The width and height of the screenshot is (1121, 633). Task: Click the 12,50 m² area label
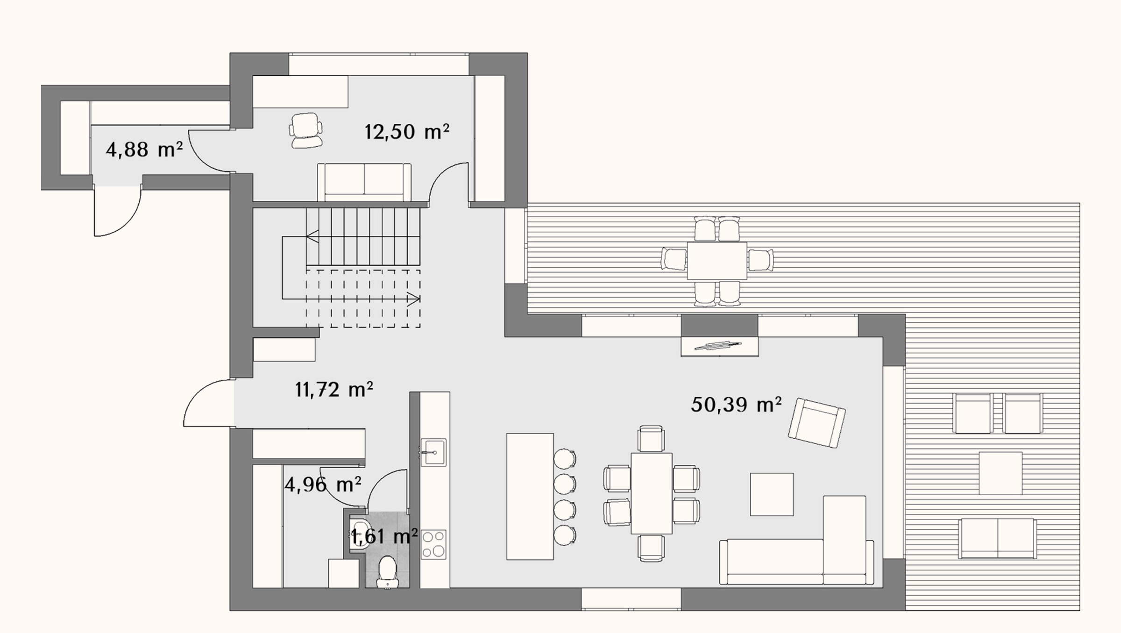(406, 132)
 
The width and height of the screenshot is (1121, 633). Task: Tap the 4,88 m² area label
(144, 150)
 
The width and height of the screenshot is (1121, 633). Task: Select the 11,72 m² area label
(334, 389)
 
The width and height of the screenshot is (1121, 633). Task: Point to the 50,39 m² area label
(736, 404)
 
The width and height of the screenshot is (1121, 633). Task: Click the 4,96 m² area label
(323, 484)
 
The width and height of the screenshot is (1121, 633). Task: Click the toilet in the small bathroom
(387, 572)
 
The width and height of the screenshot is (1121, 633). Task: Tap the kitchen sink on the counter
(433, 452)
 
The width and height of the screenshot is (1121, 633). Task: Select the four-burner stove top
(433, 544)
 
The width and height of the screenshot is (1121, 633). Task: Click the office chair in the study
(306, 130)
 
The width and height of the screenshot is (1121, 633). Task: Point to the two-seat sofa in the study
(364, 182)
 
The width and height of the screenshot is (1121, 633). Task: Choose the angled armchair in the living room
(816, 423)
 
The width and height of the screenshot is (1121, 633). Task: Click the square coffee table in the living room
(772, 494)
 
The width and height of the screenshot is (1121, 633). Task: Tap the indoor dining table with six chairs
(652, 493)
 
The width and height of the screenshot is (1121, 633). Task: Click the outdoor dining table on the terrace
(717, 261)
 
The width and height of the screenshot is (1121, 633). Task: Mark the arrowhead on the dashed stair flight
(414, 298)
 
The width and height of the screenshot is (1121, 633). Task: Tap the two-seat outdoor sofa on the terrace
(998, 539)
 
